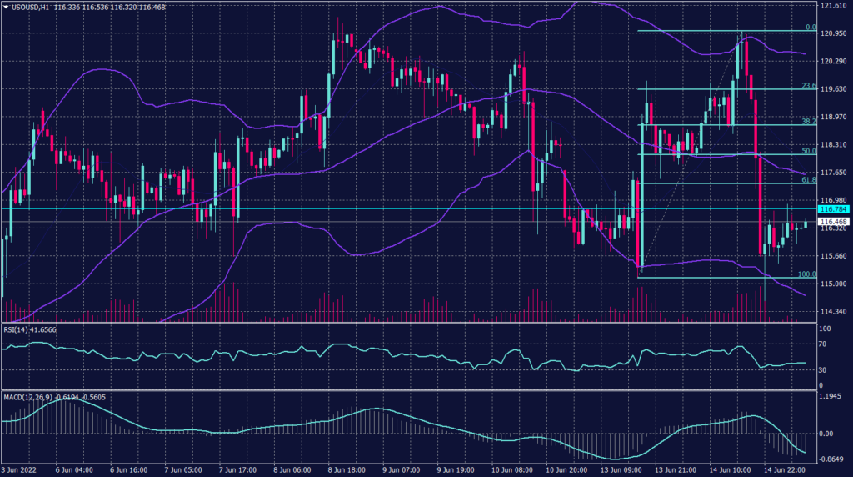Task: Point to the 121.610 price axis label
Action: (x=834, y=6)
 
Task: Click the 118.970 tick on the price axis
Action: (x=834, y=117)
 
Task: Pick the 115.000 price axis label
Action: (x=834, y=284)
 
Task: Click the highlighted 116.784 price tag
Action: (x=834, y=209)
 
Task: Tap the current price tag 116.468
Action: (x=834, y=222)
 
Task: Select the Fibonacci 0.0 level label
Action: (x=809, y=28)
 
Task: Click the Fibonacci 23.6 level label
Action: (x=807, y=85)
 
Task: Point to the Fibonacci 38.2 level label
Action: (x=807, y=121)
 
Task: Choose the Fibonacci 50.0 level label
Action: (x=807, y=151)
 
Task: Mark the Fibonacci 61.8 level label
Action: (x=807, y=179)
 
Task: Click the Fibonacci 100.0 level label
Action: (x=806, y=274)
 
